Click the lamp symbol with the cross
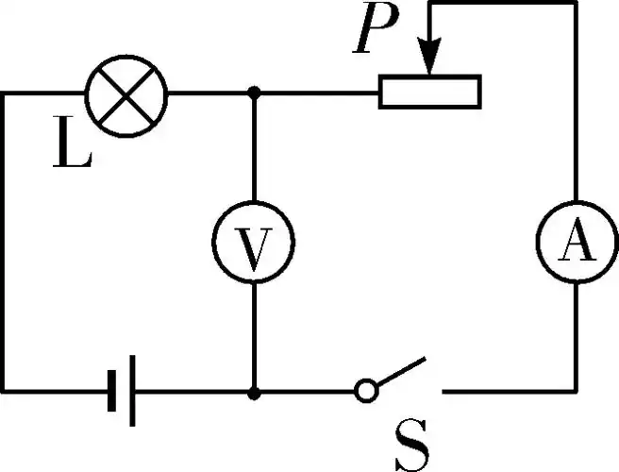125,93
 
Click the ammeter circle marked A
575,244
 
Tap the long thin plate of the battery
132,389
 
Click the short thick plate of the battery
111,389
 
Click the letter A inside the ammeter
575,245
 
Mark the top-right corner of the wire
575,4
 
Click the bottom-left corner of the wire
4,389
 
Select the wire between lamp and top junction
209,93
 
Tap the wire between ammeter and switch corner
575,340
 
